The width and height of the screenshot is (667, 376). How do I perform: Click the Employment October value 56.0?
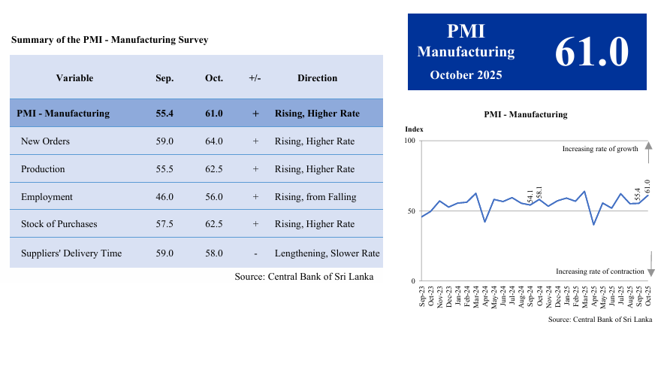[213, 197]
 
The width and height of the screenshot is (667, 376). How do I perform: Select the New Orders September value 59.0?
[164, 141]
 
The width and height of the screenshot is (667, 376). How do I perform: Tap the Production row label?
[43, 169]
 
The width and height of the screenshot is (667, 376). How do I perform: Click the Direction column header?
[317, 78]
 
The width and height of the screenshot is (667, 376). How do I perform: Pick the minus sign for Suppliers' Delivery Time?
[255, 253]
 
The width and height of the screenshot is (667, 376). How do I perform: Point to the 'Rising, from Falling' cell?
[315, 197]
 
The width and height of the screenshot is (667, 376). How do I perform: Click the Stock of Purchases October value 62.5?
[213, 224]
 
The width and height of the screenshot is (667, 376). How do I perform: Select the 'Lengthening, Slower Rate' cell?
[327, 253]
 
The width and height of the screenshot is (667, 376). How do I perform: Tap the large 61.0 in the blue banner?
[591, 52]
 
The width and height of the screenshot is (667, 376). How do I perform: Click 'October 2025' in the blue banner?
[466, 75]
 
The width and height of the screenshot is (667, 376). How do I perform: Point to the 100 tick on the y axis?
[410, 141]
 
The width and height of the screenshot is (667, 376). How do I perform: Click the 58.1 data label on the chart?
[539, 193]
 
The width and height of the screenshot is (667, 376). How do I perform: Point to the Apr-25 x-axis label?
[593, 297]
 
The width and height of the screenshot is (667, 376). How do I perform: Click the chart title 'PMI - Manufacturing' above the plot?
[526, 115]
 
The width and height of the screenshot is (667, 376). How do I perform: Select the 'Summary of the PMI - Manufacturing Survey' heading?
[110, 40]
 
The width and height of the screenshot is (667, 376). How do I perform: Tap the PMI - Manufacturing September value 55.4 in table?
[164, 114]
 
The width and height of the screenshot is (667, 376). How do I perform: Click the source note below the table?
[303, 277]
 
